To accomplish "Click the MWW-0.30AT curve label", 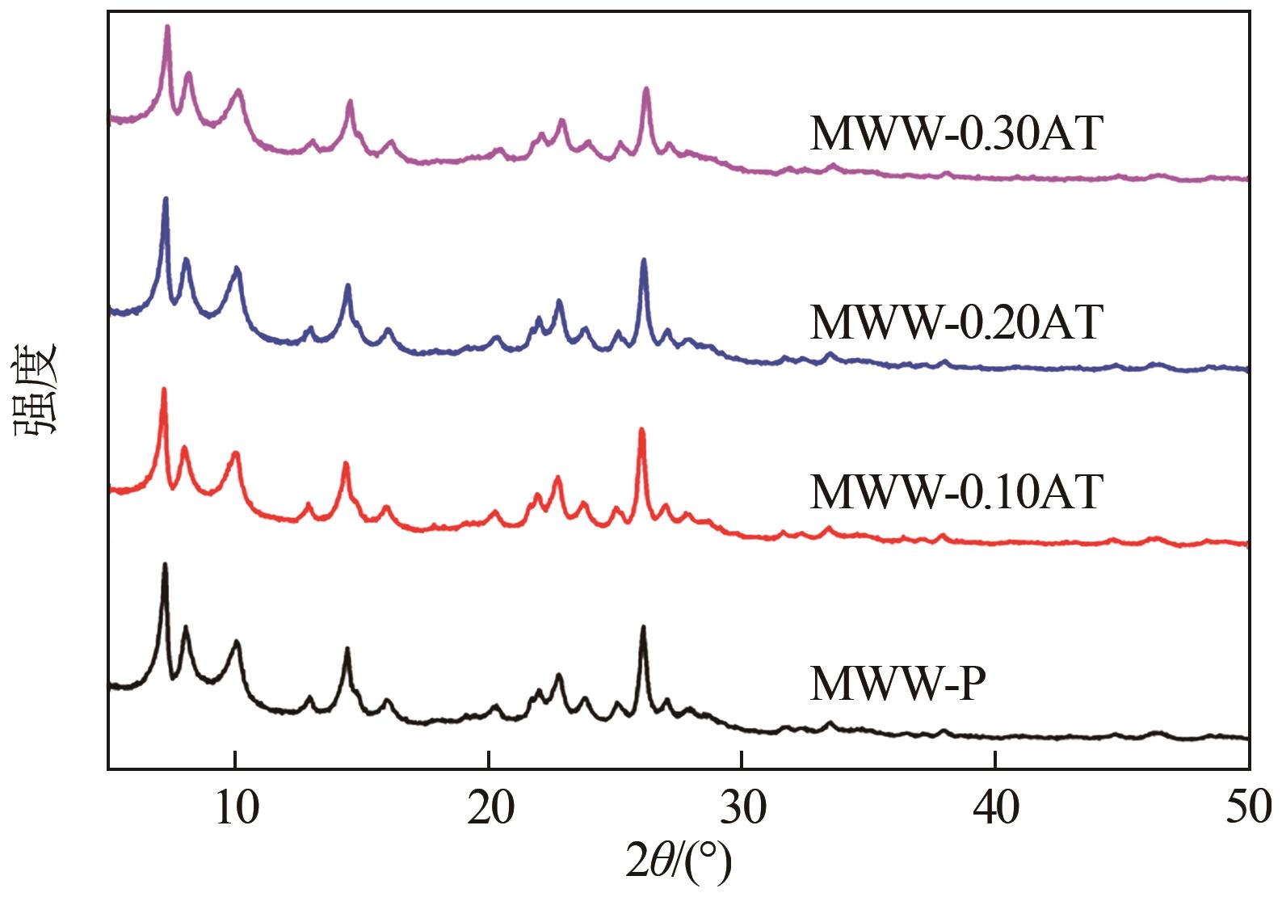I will coord(955,134).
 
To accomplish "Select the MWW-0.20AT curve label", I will coord(955,323).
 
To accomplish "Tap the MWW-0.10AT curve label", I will coord(955,491).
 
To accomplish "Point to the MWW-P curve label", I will coord(897,684).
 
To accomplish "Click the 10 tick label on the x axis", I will coord(236,809).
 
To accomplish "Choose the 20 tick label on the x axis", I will coord(489,809).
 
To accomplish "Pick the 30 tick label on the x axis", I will coord(742,809).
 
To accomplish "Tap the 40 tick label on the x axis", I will coord(995,809).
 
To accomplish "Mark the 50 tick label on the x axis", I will coord(1247,809).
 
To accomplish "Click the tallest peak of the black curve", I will coord(165,565).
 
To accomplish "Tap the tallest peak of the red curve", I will coord(164,390).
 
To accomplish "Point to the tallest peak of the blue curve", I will coord(166,199).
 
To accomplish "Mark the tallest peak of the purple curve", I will coord(167,27).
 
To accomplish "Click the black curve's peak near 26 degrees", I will coord(643,627).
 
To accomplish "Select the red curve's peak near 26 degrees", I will coord(641,430).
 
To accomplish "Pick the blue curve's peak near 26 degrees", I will coord(644,260).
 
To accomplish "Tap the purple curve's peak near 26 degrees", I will coord(646,89).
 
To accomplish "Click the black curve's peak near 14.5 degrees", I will coord(347,649).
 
